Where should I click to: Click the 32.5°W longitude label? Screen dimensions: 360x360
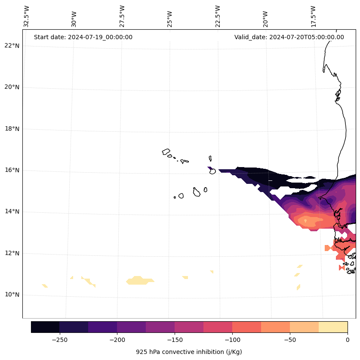coord(27,16)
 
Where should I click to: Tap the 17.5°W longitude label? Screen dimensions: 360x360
coord(314,16)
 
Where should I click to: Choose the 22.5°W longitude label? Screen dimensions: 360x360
coord(218,16)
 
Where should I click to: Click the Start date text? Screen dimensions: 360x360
coord(83,37)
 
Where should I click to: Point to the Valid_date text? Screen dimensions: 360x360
coord(289,37)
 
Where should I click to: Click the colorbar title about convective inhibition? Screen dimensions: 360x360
coord(189,352)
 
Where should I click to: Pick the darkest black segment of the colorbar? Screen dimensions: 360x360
coord(45,327)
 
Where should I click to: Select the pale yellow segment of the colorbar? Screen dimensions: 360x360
coord(333,327)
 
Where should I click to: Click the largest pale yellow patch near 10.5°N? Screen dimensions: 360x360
coord(139,280)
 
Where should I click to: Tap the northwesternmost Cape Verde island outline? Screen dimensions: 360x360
coord(166,152)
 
